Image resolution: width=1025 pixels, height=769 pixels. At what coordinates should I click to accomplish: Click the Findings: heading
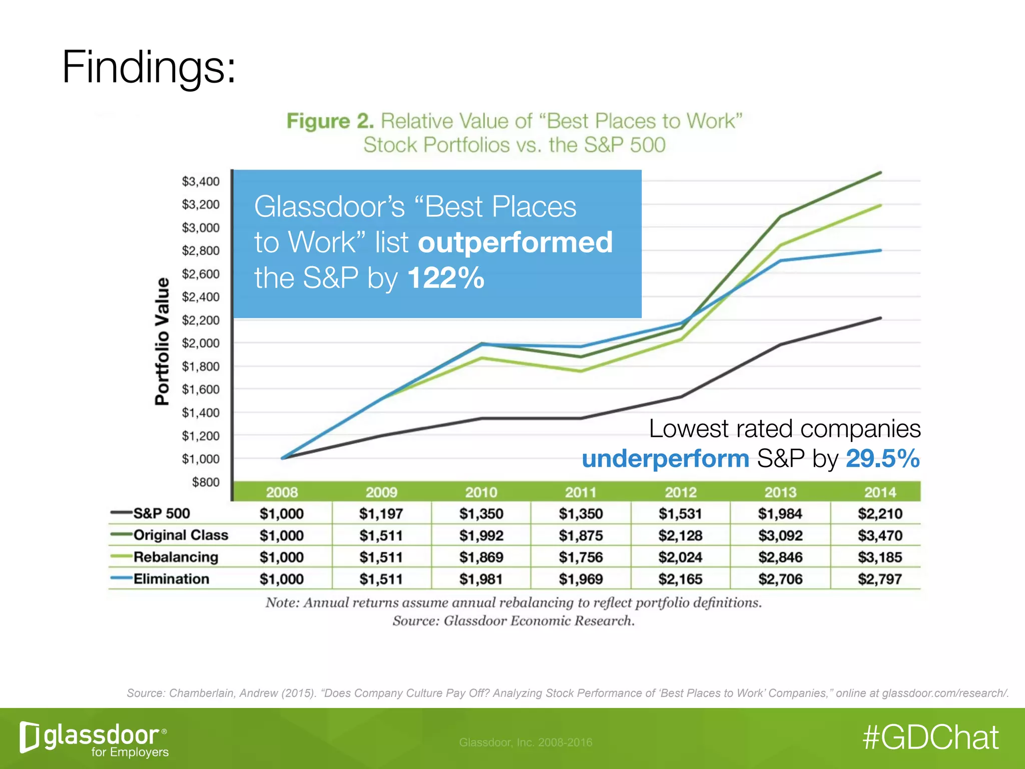tap(148, 68)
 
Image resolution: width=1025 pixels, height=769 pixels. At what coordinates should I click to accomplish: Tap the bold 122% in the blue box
tap(446, 278)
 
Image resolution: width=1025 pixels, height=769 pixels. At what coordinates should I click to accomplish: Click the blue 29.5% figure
tap(882, 459)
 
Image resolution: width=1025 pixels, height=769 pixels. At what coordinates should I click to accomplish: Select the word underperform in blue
tap(665, 459)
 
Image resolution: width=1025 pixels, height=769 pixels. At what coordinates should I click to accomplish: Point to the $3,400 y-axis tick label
tap(201, 181)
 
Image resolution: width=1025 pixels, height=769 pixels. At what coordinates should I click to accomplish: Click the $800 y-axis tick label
tap(206, 482)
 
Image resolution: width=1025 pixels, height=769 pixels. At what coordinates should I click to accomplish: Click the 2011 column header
tap(581, 492)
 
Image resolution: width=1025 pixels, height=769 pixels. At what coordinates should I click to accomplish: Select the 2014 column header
tap(880, 492)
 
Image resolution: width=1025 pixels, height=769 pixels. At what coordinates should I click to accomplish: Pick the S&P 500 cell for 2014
tap(880, 514)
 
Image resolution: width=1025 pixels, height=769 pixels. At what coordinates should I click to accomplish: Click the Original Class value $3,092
tap(780, 536)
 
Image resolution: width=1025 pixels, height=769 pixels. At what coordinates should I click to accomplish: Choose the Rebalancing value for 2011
tap(581, 557)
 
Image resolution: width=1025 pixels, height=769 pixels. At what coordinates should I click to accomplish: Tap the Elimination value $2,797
tap(880, 579)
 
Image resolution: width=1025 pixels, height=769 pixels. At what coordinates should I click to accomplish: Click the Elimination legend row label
tap(171, 579)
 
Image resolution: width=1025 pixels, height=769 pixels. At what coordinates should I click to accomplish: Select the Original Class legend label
tap(181, 535)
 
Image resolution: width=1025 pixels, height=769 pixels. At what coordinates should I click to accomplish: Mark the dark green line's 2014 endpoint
tap(880, 173)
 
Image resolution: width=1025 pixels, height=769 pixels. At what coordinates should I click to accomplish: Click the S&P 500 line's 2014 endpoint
tap(880, 318)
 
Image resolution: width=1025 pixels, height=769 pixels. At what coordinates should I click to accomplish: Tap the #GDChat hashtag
tap(930, 737)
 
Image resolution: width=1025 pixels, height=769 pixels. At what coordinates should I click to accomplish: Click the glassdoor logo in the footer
tap(94, 738)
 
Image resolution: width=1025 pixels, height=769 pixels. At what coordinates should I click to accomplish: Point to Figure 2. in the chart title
tap(330, 121)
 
